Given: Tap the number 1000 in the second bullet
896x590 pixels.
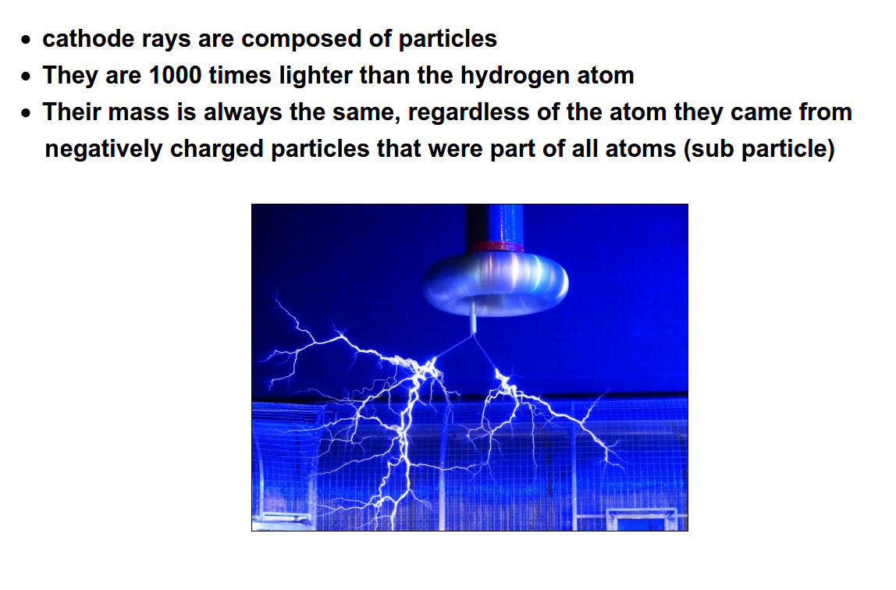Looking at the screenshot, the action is pos(175,76).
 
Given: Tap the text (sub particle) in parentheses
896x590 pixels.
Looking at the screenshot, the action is pos(759,148).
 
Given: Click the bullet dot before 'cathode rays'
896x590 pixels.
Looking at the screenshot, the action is pos(26,40).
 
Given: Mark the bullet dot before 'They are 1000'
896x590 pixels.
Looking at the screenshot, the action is pos(26,76).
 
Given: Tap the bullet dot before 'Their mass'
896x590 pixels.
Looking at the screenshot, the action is pos(26,113).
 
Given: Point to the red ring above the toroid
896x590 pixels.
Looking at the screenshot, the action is pos(496,247).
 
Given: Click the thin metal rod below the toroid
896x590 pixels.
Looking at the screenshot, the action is pos(474,318).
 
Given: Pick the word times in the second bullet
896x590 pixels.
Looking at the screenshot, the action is pos(240,76).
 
